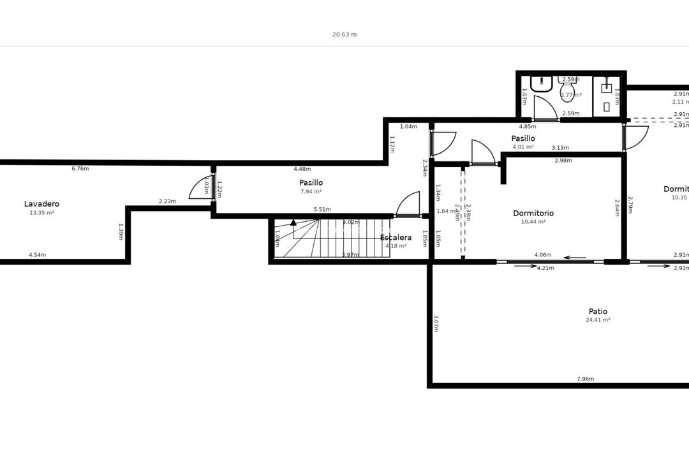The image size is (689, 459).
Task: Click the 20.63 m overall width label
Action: pos(344,34)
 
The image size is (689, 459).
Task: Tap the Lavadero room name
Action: pos(42,204)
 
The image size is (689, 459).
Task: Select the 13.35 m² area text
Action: pos(42,213)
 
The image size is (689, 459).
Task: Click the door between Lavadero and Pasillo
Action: pos(201,188)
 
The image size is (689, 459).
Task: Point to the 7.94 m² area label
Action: pos(311,191)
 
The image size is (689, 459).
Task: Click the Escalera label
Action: pos(396,238)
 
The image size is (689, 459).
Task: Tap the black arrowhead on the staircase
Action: pos(293,222)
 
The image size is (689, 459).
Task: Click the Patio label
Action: pos(598,312)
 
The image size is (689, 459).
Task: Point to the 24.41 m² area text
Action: pos(598,320)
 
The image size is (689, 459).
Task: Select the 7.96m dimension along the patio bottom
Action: pos(585,379)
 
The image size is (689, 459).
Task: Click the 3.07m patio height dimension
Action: pos(436,324)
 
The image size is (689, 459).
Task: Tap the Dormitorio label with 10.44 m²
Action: pos(533,214)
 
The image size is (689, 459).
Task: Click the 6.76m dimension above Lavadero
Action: pos(80,169)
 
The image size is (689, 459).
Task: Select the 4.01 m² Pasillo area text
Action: pos(523,147)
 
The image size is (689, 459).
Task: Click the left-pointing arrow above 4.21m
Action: pos(575,258)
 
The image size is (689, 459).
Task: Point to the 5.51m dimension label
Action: pos(322,209)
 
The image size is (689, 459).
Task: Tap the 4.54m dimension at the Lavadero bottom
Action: pos(37,255)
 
